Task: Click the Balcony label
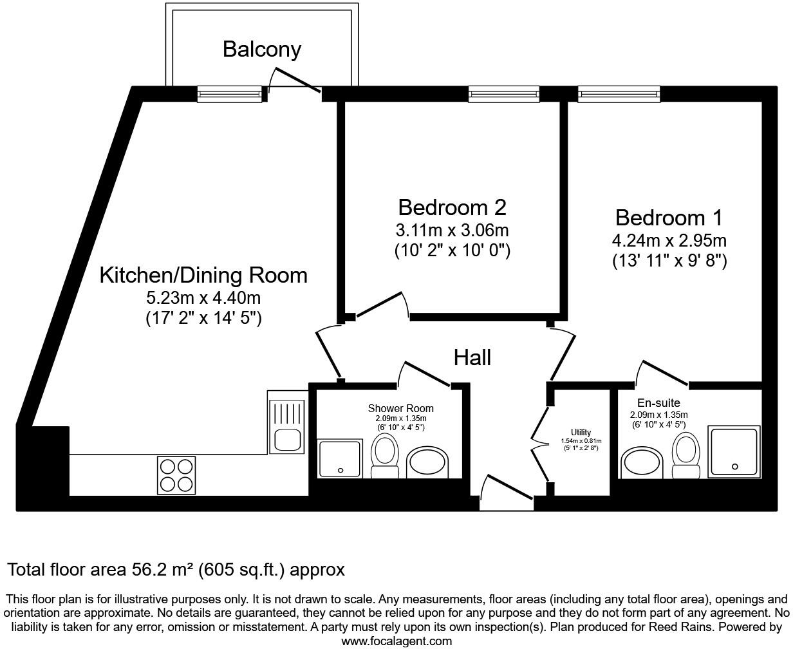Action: point(262,50)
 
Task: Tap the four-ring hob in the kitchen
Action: point(176,475)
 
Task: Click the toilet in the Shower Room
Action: point(385,456)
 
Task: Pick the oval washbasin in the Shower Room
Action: point(427,462)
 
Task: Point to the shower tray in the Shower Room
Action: point(340,458)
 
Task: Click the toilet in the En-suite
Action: point(686,455)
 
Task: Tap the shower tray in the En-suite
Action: point(734,452)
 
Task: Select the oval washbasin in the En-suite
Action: point(642,463)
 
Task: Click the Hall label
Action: point(472,358)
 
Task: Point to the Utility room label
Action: point(581,432)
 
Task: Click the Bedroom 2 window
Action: point(504,94)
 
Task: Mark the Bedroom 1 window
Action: point(619,94)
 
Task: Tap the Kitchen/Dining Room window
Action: point(230,94)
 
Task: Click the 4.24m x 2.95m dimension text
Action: point(669,241)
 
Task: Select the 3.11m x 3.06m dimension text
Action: point(452,230)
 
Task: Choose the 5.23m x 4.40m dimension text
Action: point(203,298)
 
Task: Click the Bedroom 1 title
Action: point(669,218)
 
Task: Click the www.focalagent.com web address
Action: point(397,641)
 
